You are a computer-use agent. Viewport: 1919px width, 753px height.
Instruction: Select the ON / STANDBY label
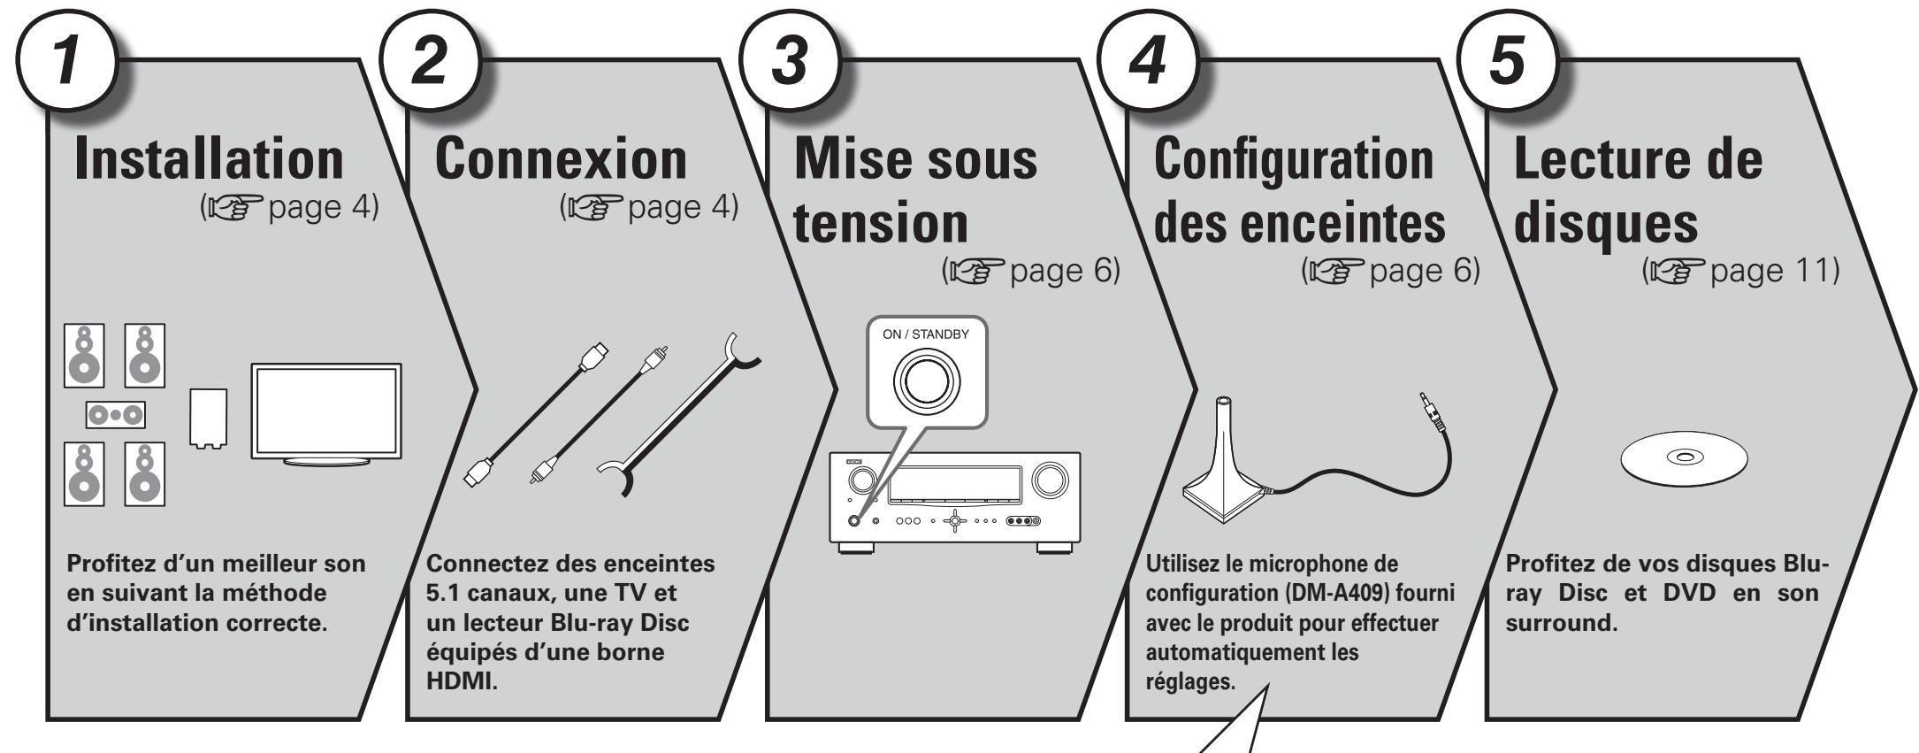(925, 334)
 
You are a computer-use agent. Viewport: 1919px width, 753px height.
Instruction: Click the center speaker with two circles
(116, 413)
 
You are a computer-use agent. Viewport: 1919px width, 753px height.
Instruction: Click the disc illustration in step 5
(1684, 457)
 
